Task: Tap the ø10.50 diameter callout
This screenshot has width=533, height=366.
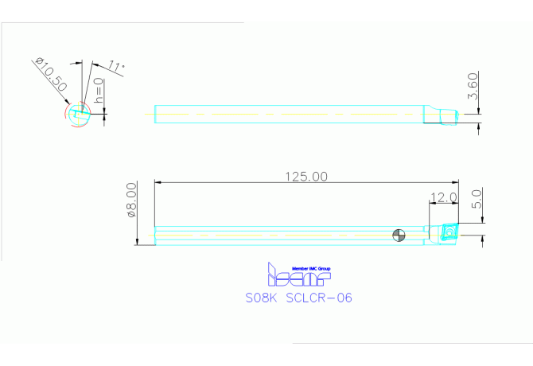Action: (x=49, y=76)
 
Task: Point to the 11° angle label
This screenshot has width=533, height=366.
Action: (x=116, y=68)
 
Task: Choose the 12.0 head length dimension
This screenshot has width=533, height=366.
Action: (x=443, y=197)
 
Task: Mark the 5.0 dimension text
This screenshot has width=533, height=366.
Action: (x=477, y=199)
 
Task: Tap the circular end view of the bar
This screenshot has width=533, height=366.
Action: (x=77, y=114)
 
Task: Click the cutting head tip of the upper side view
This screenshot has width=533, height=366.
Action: (x=450, y=118)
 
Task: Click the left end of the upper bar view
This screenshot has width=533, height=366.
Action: (x=155, y=114)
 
